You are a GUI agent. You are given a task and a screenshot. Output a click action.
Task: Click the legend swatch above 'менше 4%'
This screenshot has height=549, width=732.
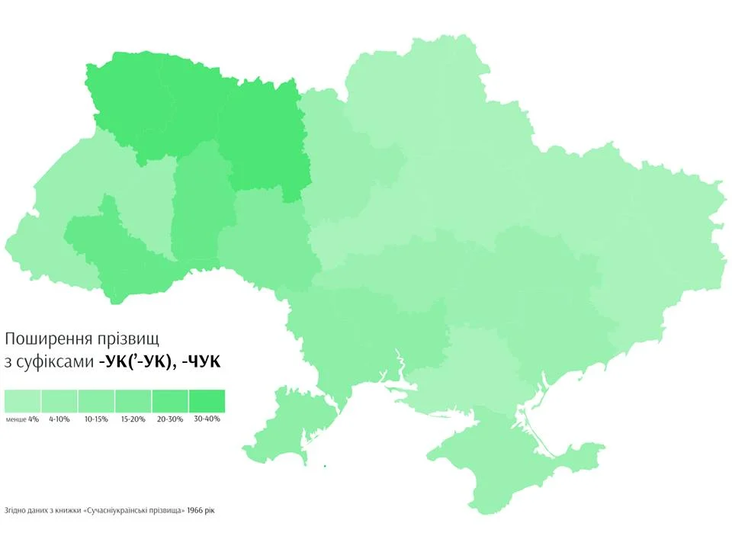22,401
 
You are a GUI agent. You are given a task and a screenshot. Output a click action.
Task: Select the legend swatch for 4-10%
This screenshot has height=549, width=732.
59,401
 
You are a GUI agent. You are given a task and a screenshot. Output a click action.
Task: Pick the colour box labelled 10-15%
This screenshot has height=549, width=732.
96,401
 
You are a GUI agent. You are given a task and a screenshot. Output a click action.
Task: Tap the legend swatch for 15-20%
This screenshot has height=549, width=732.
133,401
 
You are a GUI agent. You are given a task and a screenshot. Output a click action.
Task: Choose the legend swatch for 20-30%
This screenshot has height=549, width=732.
170,401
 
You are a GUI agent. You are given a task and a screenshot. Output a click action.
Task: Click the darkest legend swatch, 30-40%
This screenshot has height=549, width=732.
207,401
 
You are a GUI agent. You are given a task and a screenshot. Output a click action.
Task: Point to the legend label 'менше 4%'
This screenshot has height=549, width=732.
22,419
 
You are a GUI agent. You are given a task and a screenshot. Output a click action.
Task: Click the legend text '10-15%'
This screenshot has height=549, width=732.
96,419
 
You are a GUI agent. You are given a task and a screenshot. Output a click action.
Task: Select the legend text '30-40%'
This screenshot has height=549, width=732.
207,419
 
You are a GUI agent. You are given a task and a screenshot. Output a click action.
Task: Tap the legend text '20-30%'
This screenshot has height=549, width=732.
170,419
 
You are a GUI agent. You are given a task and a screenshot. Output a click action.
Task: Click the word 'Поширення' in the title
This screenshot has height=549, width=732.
50,338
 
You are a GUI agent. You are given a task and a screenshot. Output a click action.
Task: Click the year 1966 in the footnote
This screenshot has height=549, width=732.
197,510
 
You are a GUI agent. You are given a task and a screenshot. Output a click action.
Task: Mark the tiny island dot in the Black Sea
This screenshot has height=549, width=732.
325,466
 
